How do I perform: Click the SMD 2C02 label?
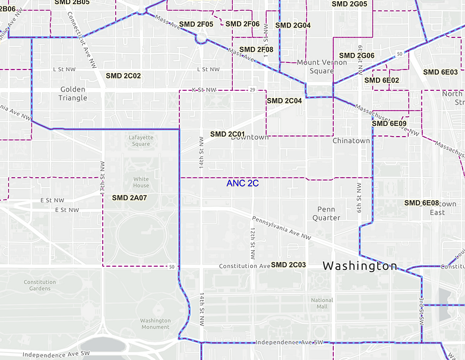coord(124,76)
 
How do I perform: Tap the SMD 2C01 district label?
coord(228,134)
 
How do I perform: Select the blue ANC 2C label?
coord(242,184)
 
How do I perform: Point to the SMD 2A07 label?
coord(129,197)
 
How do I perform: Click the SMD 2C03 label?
coord(288,265)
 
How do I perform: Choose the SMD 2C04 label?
coord(284,101)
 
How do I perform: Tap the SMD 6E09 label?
coord(390,124)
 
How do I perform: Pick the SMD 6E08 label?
coord(422,203)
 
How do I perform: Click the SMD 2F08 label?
coord(256,50)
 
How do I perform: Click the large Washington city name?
coord(360,266)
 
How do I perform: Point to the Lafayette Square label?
coord(141,140)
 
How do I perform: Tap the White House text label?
coord(141,182)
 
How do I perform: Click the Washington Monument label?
coord(156,324)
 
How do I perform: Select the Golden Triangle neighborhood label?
coord(72,94)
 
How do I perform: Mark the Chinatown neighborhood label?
coord(351,141)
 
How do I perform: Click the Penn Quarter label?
coord(327,213)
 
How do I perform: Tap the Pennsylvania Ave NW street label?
coord(281,228)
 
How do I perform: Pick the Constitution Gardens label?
coord(40,285)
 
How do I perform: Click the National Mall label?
coord(322,304)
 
